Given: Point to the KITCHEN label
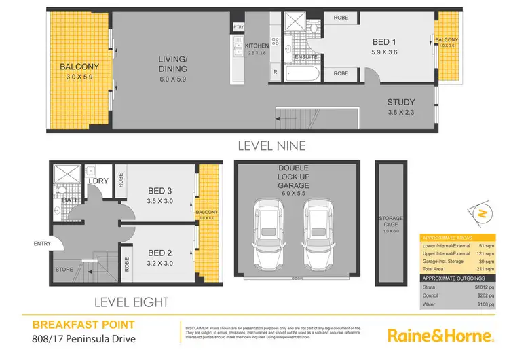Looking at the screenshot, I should pyautogui.click(x=257, y=45).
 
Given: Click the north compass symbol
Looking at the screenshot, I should pyautogui.click(x=482, y=213).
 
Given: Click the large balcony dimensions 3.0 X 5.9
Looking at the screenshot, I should pyautogui.click(x=79, y=77).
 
